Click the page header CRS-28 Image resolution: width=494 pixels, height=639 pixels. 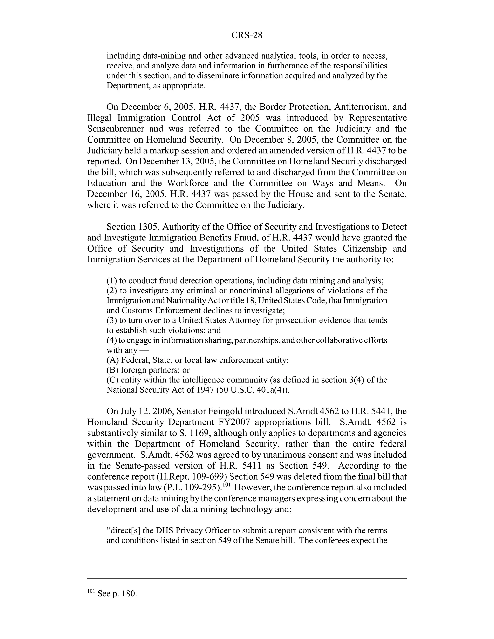coord(247,35)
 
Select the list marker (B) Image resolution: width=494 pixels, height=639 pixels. coord(112,370)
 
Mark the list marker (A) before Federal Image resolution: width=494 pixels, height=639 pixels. coord(112,360)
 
